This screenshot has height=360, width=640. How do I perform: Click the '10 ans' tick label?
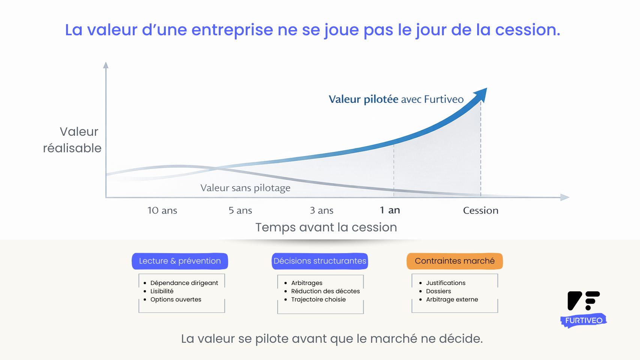[162, 211]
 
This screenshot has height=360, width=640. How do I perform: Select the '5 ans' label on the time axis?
[240, 211]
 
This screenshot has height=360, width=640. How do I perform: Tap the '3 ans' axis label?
[322, 211]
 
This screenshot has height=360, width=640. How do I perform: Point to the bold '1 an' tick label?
[390, 210]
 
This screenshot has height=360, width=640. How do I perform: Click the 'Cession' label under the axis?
[481, 211]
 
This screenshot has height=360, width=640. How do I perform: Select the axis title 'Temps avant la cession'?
[326, 227]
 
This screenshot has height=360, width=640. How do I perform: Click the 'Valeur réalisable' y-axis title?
[72, 140]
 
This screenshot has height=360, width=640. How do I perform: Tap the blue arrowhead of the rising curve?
[481, 94]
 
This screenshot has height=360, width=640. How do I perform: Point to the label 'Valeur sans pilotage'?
[245, 188]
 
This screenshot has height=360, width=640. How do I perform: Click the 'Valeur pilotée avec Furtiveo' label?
[396, 99]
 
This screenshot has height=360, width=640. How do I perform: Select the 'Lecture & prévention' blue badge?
[180, 261]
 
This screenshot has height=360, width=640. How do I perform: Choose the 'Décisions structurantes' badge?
[320, 261]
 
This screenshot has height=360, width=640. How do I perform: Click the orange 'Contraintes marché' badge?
[455, 261]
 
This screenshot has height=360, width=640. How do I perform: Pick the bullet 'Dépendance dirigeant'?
[184, 283]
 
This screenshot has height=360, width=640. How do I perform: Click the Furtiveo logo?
[584, 309]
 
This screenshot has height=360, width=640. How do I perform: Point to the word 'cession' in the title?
[527, 30]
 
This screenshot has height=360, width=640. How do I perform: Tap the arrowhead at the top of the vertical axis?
[106, 65]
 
